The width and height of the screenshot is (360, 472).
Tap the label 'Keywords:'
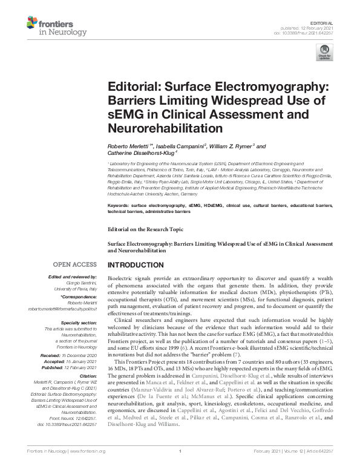pos(120,206)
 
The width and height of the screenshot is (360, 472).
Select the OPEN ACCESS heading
pos(76,264)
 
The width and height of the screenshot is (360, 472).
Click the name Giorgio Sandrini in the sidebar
pos(80,283)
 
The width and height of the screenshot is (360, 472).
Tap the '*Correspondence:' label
pos(79,297)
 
